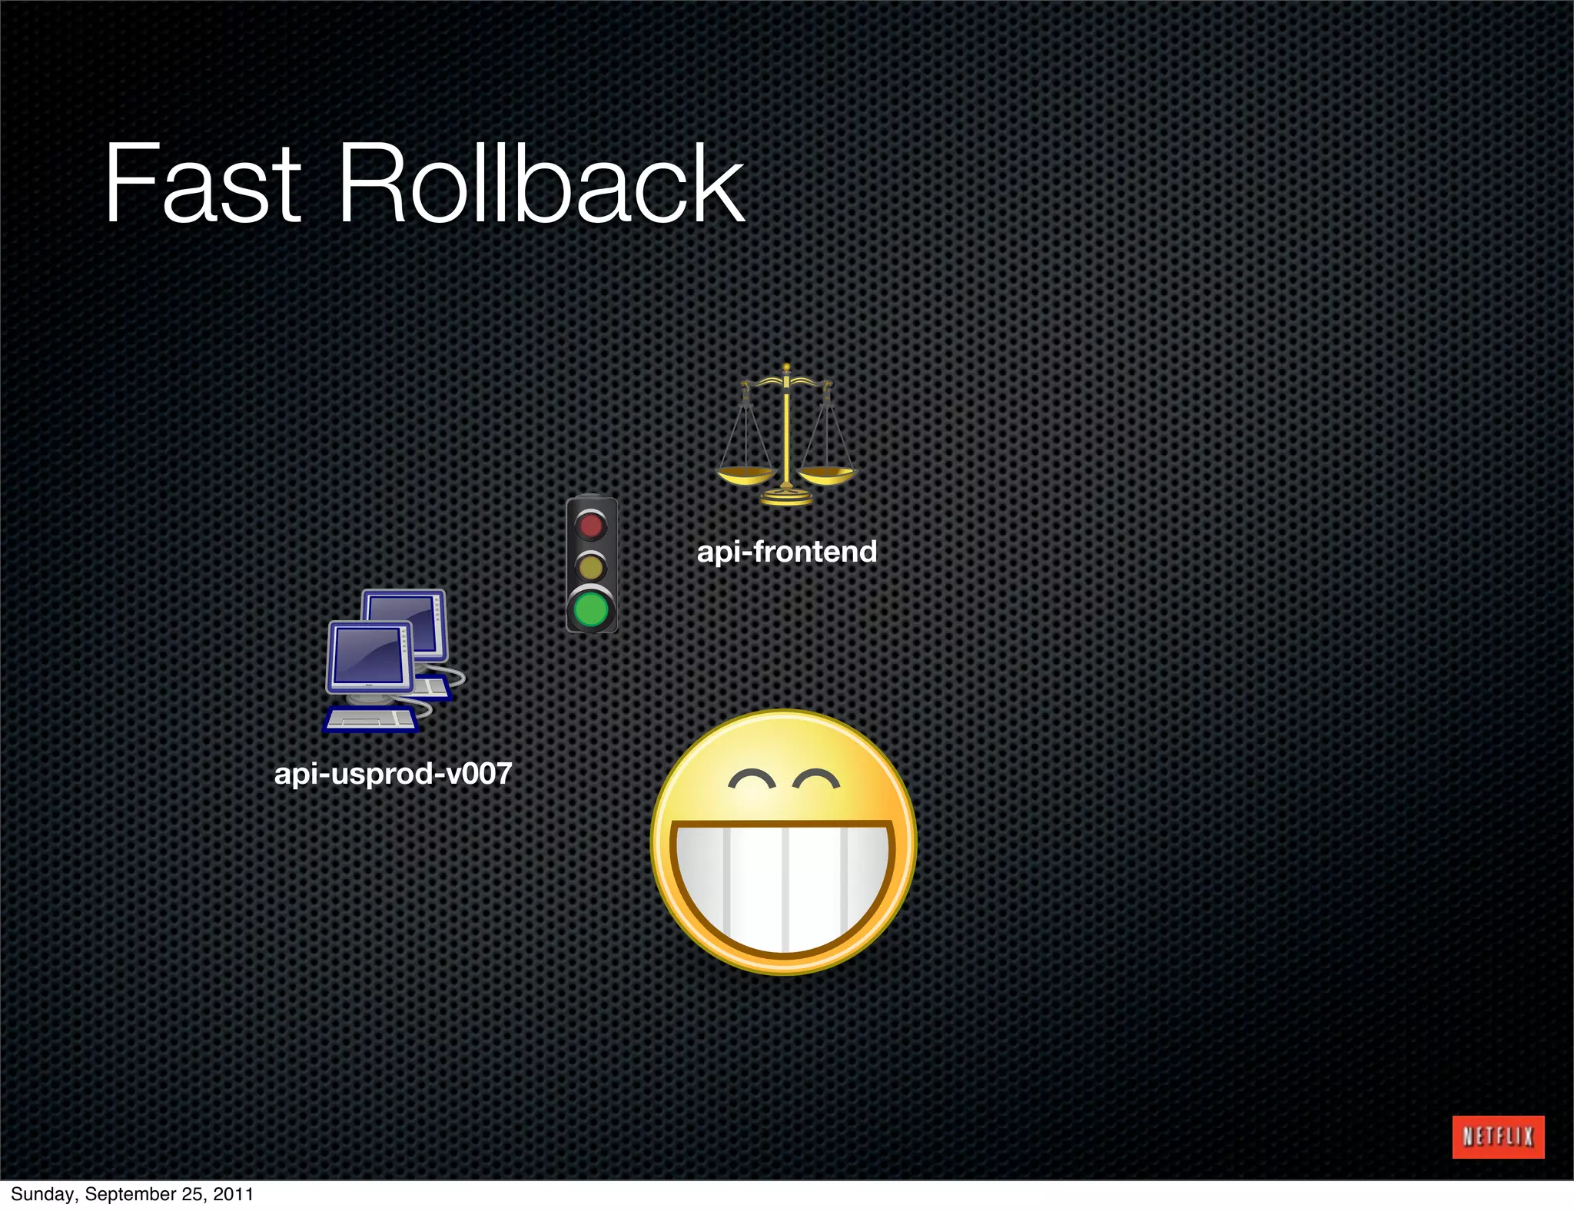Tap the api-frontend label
[786, 552]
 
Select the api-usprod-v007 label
[393, 773]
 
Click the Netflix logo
[1498, 1136]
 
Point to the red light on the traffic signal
[591, 526]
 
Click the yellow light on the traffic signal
[591, 567]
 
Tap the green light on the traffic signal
[591, 610]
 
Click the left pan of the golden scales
[745, 476]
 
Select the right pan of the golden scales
[827, 474]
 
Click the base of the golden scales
[786, 498]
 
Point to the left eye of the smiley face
[752, 781]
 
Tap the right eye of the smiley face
[816, 781]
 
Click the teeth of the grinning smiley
[782, 888]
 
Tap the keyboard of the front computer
[370, 719]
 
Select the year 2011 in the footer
[234, 1194]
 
